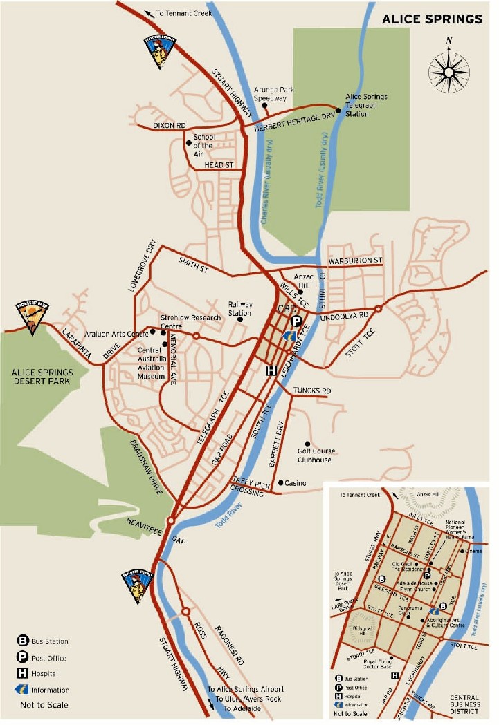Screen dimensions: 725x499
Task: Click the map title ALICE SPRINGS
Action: tap(433, 19)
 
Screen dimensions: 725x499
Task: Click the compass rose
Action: tap(448, 69)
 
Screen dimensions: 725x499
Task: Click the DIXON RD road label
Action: tap(170, 126)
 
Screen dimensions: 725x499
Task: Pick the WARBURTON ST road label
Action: tap(354, 261)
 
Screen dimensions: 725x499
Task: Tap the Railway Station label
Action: tap(240, 309)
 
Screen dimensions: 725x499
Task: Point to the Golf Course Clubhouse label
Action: tap(314, 455)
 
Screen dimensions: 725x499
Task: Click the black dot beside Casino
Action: tap(280, 482)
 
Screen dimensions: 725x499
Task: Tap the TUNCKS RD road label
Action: tap(311, 390)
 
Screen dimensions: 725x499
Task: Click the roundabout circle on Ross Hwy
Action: tap(185, 611)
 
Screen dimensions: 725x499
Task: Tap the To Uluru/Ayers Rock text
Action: tap(245, 699)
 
